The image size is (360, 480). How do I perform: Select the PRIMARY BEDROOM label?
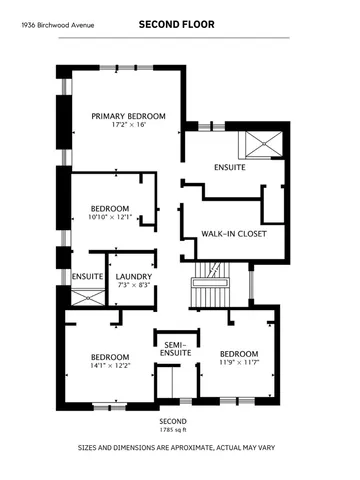click(129, 116)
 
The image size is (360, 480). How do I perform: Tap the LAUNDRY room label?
click(133, 276)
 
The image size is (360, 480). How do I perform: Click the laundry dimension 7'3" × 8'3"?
click(133, 286)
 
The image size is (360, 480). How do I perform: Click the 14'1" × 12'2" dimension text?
click(109, 366)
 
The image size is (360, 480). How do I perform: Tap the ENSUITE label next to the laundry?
click(88, 276)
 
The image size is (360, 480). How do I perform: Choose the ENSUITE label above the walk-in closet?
click(229, 167)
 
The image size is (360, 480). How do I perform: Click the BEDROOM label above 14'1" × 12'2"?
click(109, 356)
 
